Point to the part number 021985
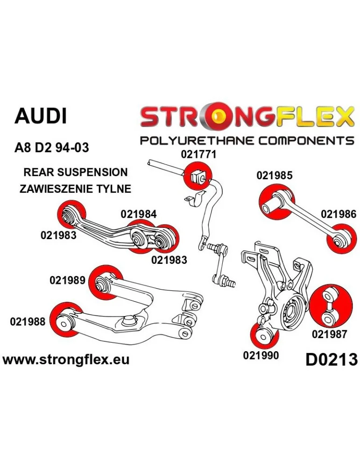pyautogui.click(x=274, y=176)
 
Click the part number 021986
pyautogui.click(x=339, y=214)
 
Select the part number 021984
pyautogui.click(x=139, y=214)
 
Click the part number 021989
pyautogui.click(x=67, y=280)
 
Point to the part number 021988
pyautogui.click(x=27, y=321)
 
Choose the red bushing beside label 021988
pyautogui.click(x=65, y=321)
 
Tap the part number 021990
pyautogui.click(x=261, y=355)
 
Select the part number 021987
pyautogui.click(x=329, y=334)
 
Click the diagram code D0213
pyautogui.click(x=332, y=360)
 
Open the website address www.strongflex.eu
pyautogui.click(x=66, y=360)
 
